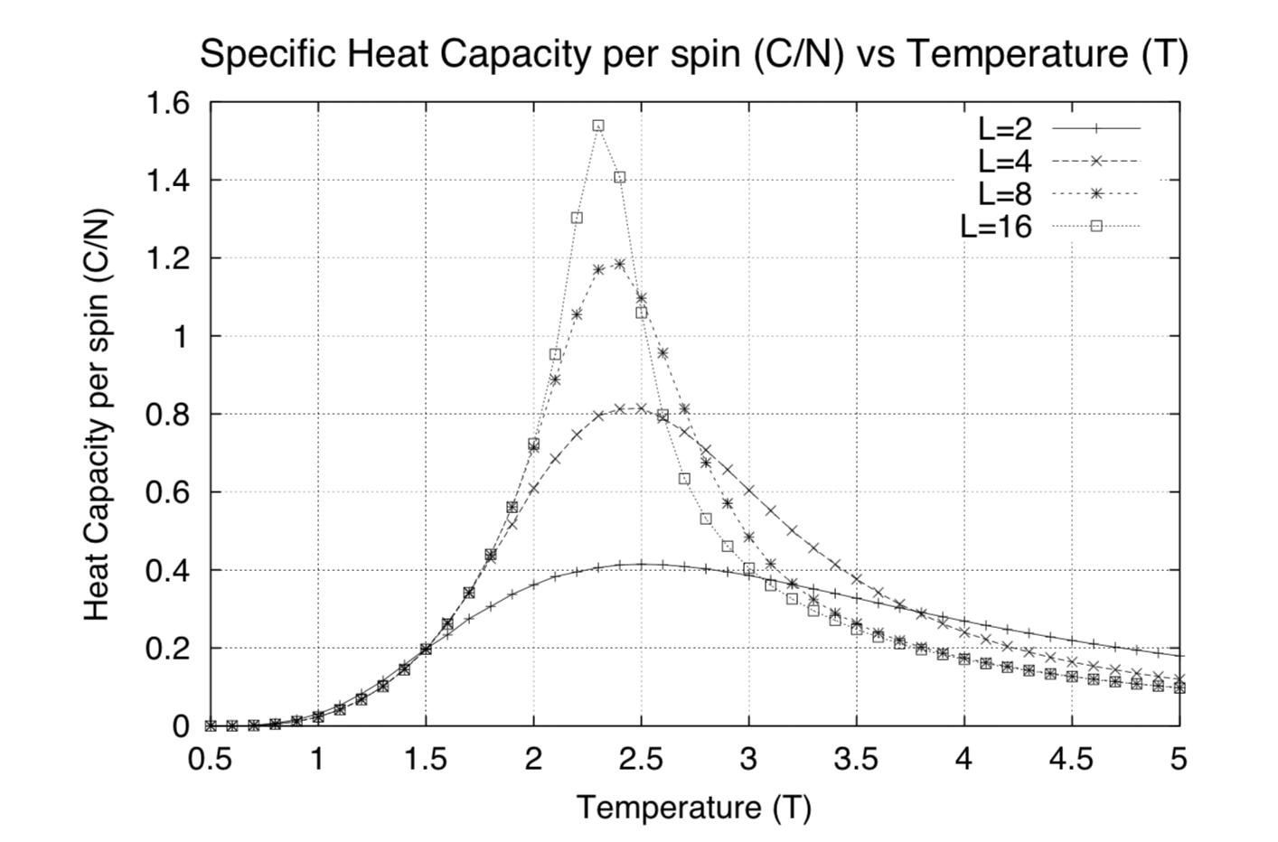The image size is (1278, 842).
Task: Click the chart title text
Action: click(693, 54)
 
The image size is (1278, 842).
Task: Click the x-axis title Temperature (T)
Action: click(693, 807)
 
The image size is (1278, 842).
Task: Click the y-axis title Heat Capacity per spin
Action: click(97, 415)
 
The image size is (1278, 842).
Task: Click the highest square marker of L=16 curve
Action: click(598, 126)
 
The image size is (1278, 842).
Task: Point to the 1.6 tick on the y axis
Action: click(168, 102)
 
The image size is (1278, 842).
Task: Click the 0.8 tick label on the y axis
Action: click(168, 414)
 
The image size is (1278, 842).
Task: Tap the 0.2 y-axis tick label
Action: click(168, 648)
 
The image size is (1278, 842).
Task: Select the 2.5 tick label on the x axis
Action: click(641, 759)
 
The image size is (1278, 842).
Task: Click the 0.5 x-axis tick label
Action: click(210, 759)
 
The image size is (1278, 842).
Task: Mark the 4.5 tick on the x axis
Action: click(1072, 759)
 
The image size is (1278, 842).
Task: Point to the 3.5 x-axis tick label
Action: click(857, 759)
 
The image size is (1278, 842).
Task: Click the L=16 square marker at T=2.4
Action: click(619, 177)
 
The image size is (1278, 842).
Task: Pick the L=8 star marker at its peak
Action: click(619, 264)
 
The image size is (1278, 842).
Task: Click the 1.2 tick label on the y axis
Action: click(168, 258)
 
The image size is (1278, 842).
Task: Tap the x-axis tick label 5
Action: click(1179, 759)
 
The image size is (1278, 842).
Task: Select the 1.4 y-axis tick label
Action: click(168, 181)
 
